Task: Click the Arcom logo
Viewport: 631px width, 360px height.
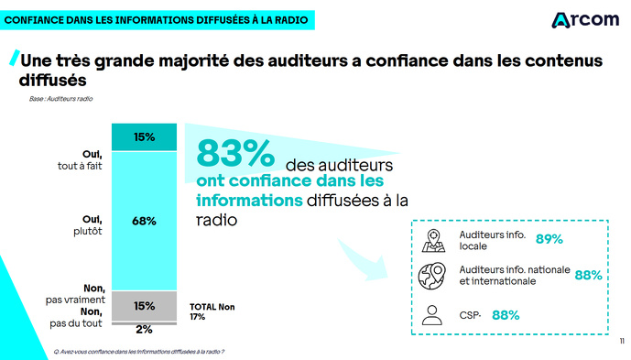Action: click(x=585, y=20)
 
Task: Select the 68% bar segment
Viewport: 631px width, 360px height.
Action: click(x=144, y=221)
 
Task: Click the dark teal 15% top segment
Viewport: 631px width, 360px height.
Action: click(x=144, y=137)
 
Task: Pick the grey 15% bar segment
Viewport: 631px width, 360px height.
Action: click(x=144, y=305)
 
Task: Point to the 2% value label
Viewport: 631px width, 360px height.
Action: click(x=144, y=329)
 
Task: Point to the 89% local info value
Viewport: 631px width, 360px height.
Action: click(x=549, y=240)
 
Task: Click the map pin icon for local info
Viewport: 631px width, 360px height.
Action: click(x=434, y=240)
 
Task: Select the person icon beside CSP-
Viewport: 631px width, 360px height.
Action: click(x=434, y=314)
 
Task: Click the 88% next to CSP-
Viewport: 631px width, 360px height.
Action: click(x=506, y=315)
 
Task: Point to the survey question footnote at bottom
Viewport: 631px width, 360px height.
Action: click(x=139, y=351)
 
